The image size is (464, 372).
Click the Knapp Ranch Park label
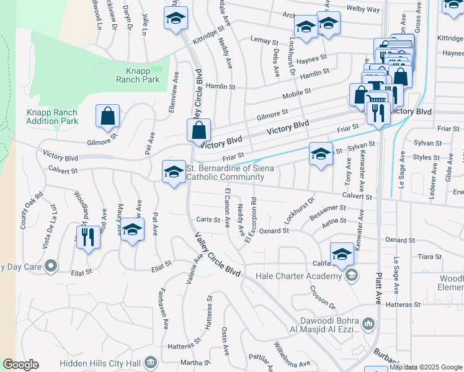[x=138, y=76]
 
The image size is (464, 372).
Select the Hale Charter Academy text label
[x=303, y=276]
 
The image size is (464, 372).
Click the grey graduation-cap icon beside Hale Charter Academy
[x=351, y=275]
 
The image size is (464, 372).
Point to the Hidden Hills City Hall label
[x=99, y=362]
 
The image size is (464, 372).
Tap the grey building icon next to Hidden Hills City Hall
[x=150, y=362]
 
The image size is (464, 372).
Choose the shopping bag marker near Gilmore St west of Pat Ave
[x=108, y=116]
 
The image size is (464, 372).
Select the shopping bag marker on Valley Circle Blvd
[x=199, y=131]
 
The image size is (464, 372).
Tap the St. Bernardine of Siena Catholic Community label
[x=226, y=172]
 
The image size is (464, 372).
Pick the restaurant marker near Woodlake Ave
[x=88, y=236]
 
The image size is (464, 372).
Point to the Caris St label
[x=208, y=219]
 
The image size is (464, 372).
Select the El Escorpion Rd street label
[x=252, y=219]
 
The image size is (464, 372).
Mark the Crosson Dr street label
[x=323, y=298]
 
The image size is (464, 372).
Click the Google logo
[x=20, y=365]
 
